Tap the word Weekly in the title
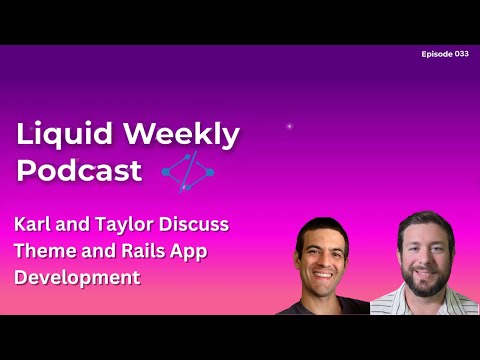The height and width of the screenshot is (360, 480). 176,134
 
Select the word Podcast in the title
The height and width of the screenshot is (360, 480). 80,170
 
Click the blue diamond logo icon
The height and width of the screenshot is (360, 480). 188,172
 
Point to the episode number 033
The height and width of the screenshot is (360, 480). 461,53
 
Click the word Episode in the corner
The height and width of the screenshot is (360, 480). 437,53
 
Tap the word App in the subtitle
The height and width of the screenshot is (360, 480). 189,252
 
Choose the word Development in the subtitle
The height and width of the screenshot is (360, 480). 78,277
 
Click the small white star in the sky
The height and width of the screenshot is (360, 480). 290,126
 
